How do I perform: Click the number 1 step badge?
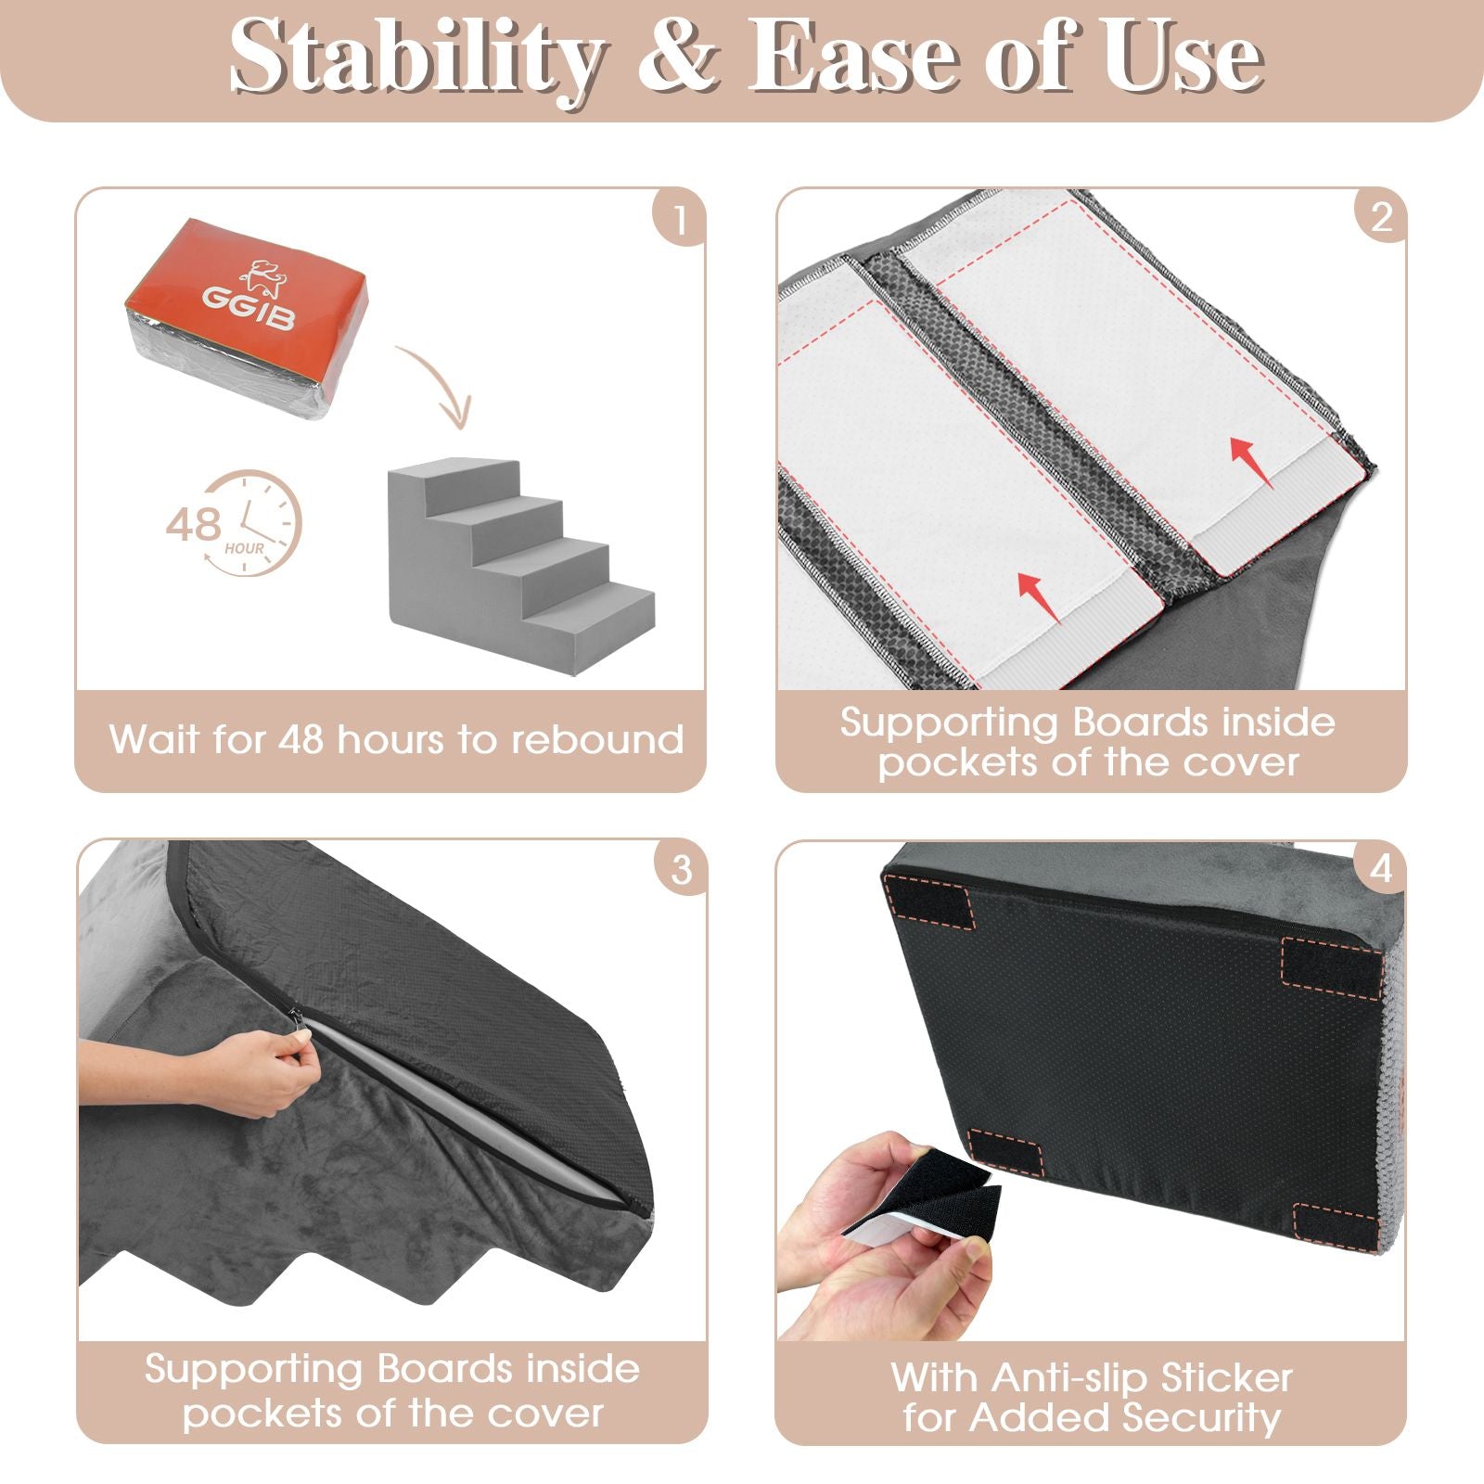coord(679,220)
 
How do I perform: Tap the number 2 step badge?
coord(1380,218)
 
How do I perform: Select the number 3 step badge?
coord(681,869)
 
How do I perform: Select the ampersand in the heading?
coord(678,58)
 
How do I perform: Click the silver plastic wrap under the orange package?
coord(232,371)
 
